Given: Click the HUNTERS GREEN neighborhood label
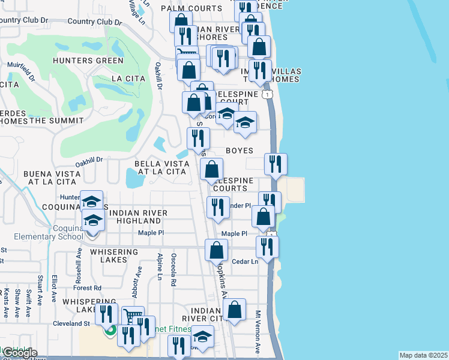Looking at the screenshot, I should click(x=88, y=61).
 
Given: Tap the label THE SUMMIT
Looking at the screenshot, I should click(x=56, y=120).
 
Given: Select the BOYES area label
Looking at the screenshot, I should click(x=239, y=151).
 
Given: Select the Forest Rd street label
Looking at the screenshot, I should click(x=89, y=288).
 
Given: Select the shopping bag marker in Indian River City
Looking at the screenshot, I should click(x=235, y=310).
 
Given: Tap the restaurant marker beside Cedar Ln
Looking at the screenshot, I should click(x=267, y=246).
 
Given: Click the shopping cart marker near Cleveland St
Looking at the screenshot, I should click(x=133, y=316).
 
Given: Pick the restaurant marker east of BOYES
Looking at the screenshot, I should click(x=276, y=164).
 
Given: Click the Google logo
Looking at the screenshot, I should click(x=19, y=353).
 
